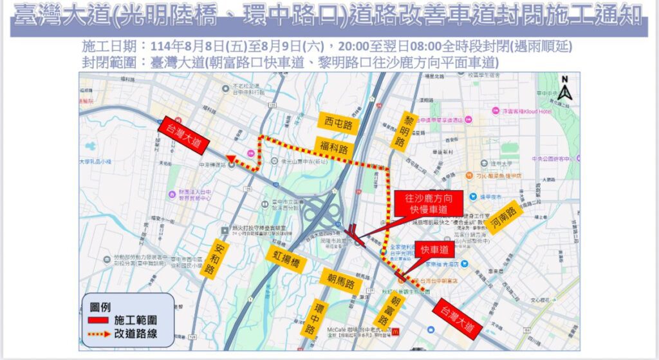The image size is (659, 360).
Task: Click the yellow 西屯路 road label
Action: click(x=338, y=122)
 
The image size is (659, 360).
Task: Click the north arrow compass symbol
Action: click(x=564, y=90)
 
